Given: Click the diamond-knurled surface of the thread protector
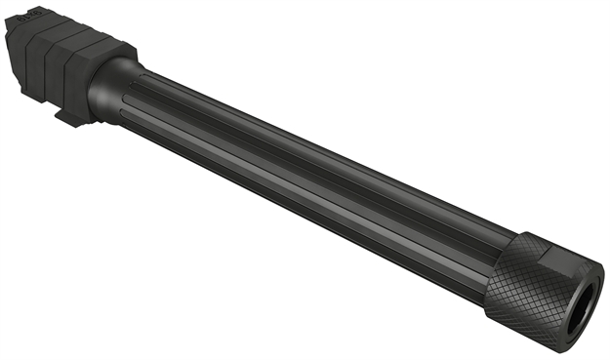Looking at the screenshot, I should [x=533, y=293].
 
